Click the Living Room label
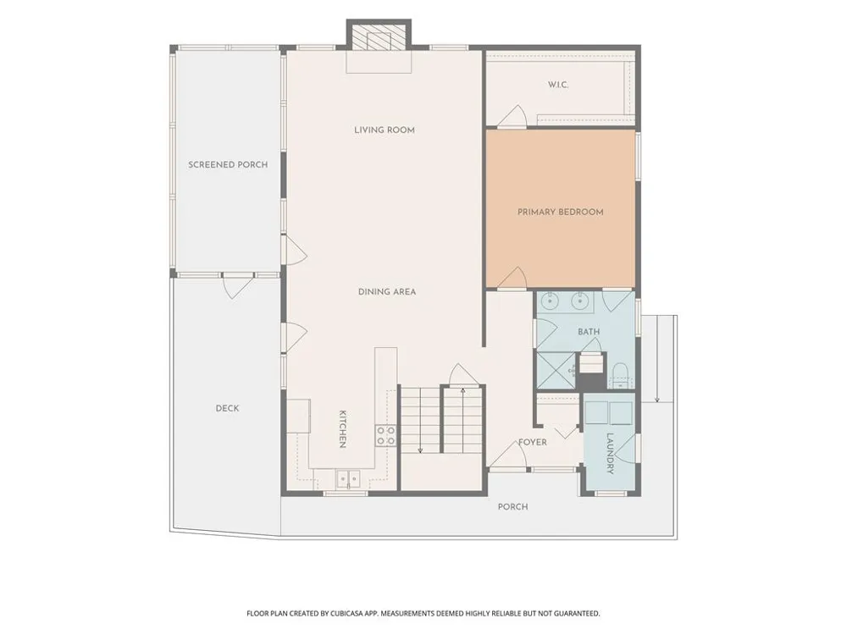tap(385, 130)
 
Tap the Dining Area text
tap(387, 291)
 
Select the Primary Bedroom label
tap(560, 212)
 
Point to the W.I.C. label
tap(558, 85)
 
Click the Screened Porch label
tap(228, 165)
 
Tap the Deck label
tap(227, 408)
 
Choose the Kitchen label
tap(342, 429)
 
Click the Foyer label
tap(533, 442)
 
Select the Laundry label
tap(610, 454)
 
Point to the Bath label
tap(589, 332)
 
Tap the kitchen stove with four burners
tap(385, 435)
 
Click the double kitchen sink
tap(348, 478)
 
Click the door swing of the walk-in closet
tap(512, 116)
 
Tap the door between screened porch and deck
tap(238, 285)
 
